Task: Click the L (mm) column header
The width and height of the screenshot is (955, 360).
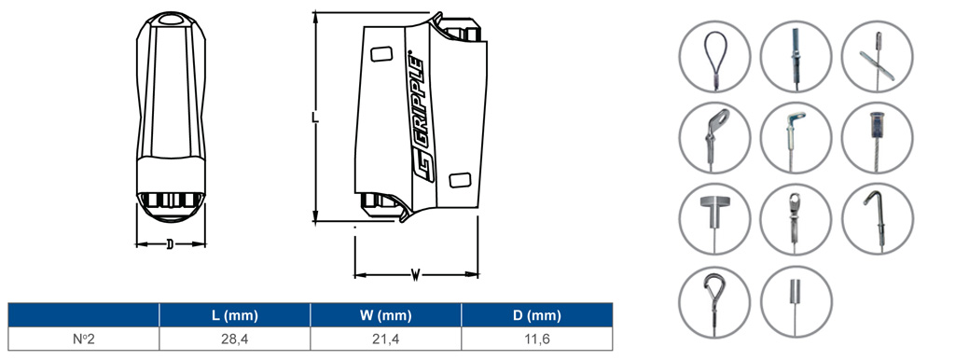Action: click(234, 315)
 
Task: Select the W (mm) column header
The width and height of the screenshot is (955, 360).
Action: click(385, 315)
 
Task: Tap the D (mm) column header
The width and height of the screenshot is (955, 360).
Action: click(536, 315)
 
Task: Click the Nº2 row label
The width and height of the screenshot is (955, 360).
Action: click(83, 339)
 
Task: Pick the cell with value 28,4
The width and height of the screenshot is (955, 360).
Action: click(234, 339)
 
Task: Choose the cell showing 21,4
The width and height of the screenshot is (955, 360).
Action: click(385, 339)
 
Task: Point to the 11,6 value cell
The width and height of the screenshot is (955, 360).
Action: click(536, 339)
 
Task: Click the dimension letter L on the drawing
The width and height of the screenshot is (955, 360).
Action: click(315, 117)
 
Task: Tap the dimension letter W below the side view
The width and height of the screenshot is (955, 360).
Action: click(415, 275)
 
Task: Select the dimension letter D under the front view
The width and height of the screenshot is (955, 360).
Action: click(170, 245)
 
